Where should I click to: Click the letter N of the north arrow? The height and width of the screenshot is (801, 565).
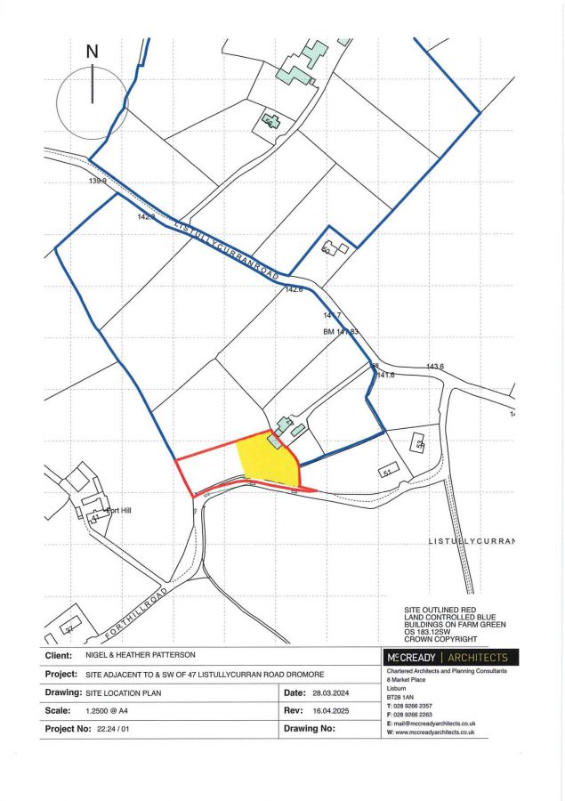pos(93,52)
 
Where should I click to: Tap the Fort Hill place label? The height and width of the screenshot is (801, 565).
pos(117,511)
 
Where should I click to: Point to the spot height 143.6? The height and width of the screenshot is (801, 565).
pos(434,367)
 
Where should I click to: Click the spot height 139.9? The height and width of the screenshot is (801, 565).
pos(97,181)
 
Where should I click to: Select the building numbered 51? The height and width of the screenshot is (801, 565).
pos(387,471)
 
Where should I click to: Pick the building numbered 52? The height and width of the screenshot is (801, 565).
pos(416,442)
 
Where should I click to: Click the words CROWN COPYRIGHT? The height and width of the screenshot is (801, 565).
pos(441,639)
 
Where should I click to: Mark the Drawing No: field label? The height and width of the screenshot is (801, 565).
pos(310,728)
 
